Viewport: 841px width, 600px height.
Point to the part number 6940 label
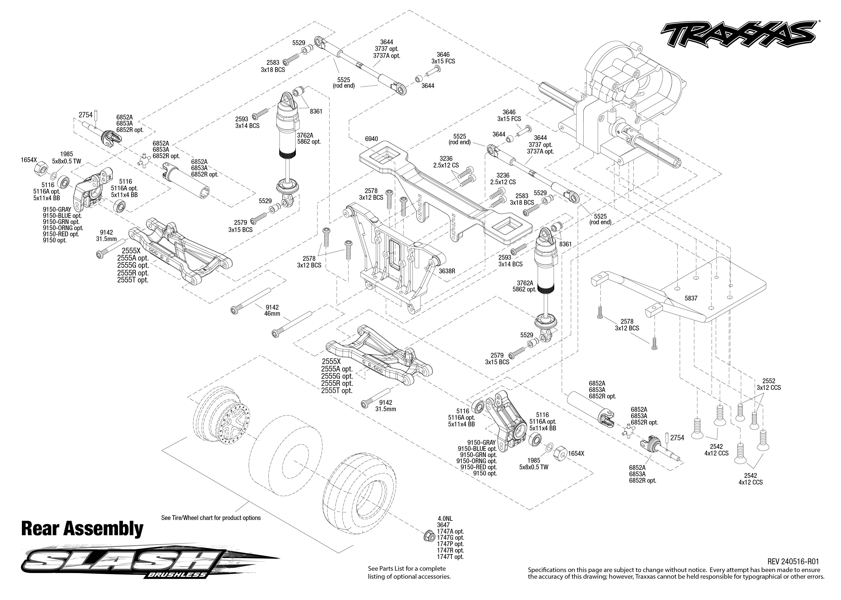pyautogui.click(x=371, y=139)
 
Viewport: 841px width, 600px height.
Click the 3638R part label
pyautogui.click(x=447, y=271)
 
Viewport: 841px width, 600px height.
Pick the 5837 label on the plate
pyautogui.click(x=691, y=298)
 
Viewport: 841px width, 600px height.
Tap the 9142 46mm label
pyautogui.click(x=272, y=310)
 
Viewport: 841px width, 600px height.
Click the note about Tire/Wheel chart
pyautogui.click(x=211, y=518)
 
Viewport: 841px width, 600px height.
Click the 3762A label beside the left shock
pyautogui.click(x=305, y=135)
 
